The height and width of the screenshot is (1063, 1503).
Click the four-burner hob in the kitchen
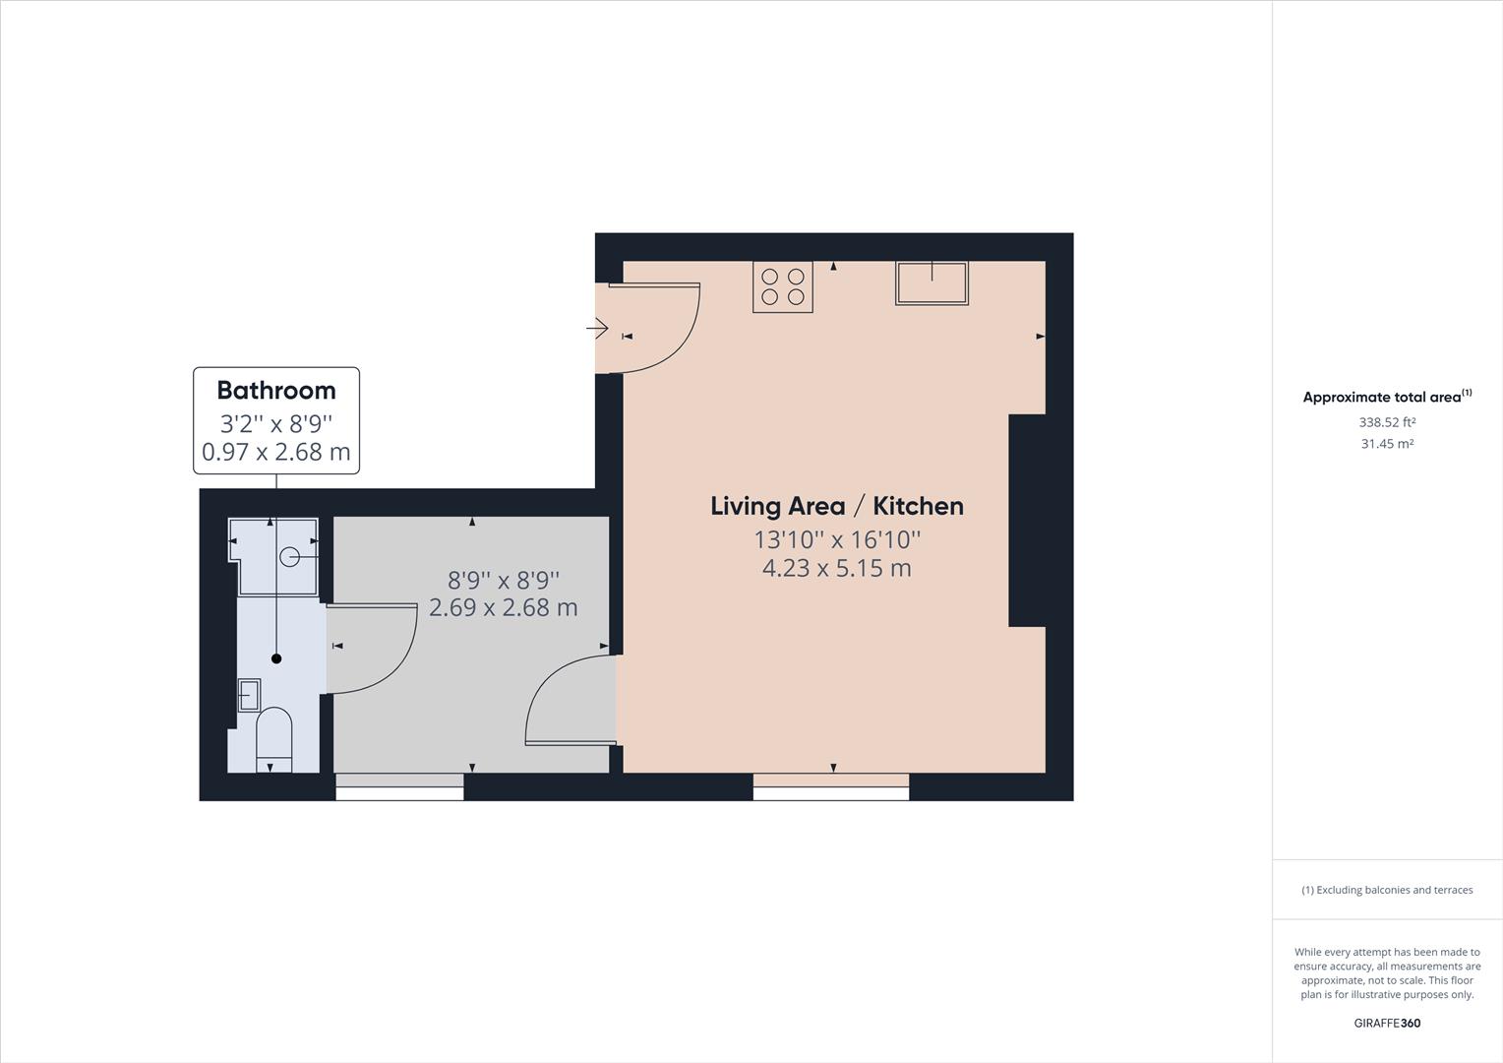tap(782, 286)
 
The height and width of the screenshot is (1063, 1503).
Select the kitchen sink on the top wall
tap(931, 283)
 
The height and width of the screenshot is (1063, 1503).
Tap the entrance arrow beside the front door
tap(597, 328)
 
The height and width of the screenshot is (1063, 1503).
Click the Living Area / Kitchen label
tap(836, 506)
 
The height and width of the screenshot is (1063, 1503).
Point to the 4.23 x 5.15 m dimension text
tap(836, 568)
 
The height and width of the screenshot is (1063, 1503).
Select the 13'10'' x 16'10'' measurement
tap(836, 539)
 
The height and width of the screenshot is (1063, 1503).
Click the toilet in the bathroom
tap(274, 738)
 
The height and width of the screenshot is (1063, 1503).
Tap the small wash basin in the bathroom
tap(250, 695)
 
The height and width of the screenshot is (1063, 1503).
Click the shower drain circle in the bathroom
tap(290, 557)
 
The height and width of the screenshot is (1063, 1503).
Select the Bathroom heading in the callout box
tap(275, 391)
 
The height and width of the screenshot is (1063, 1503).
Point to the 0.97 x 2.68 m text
tap(275, 453)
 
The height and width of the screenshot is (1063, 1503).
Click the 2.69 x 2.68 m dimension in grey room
tap(503, 607)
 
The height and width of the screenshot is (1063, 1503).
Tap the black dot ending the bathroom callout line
tap(276, 658)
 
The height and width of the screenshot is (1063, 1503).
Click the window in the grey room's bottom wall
tap(399, 782)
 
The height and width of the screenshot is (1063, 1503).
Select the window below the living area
tap(831, 782)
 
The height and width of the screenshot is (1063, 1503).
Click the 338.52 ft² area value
tap(1387, 422)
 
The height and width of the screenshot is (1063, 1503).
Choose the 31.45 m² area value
tap(1387, 444)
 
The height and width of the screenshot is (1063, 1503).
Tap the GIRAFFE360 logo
tap(1387, 1023)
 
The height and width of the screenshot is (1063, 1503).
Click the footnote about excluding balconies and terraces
tap(1387, 890)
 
